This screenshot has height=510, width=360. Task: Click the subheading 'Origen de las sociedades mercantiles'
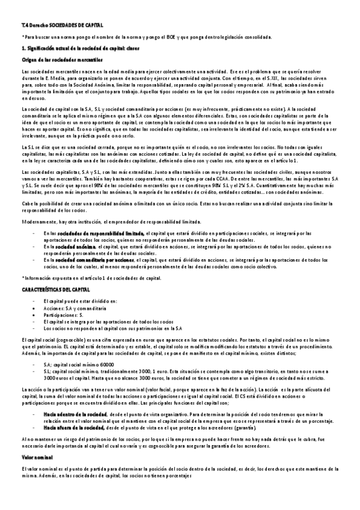point(53,60)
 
